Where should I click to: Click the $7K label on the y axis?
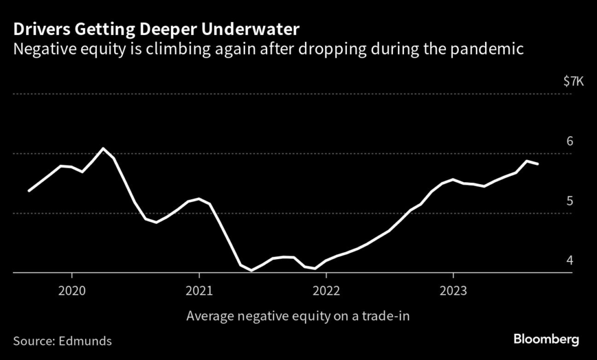573,82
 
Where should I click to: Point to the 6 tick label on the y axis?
570,142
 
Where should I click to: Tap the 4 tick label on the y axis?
570,260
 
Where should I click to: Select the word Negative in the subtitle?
42,50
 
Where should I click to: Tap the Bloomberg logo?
546,339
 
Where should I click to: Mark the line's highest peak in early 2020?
103,149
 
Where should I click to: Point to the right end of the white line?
538,164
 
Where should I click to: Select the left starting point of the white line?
29,191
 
